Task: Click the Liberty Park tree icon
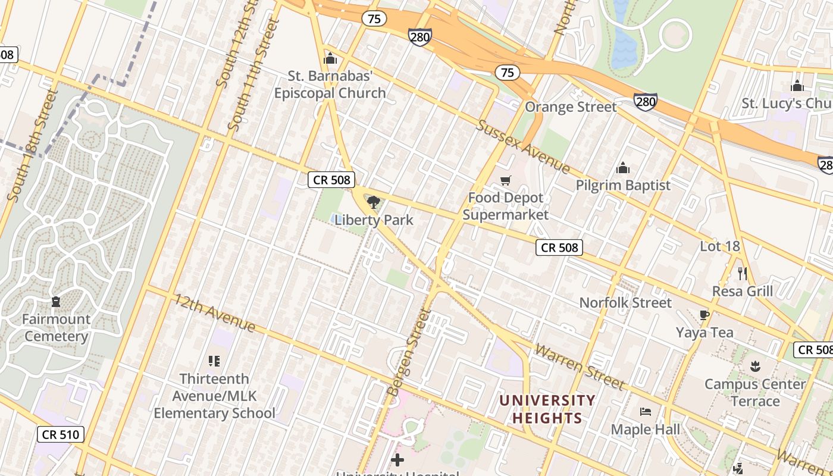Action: [374, 202]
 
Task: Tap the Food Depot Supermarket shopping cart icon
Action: [506, 180]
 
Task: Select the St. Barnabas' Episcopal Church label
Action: [330, 85]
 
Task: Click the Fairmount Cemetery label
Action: [57, 328]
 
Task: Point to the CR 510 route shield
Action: [61, 434]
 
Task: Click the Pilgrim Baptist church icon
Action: [623, 168]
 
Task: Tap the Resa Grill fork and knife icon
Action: [743, 274]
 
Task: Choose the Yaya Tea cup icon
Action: [704, 315]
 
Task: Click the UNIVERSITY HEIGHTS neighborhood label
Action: [547, 409]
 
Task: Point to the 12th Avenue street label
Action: [215, 313]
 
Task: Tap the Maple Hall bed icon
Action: [646, 412]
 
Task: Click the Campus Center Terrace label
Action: [755, 393]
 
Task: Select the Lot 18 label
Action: [719, 246]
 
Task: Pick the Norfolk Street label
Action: [625, 303]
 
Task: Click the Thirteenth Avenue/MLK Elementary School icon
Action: [214, 361]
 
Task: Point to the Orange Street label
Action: [571, 107]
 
